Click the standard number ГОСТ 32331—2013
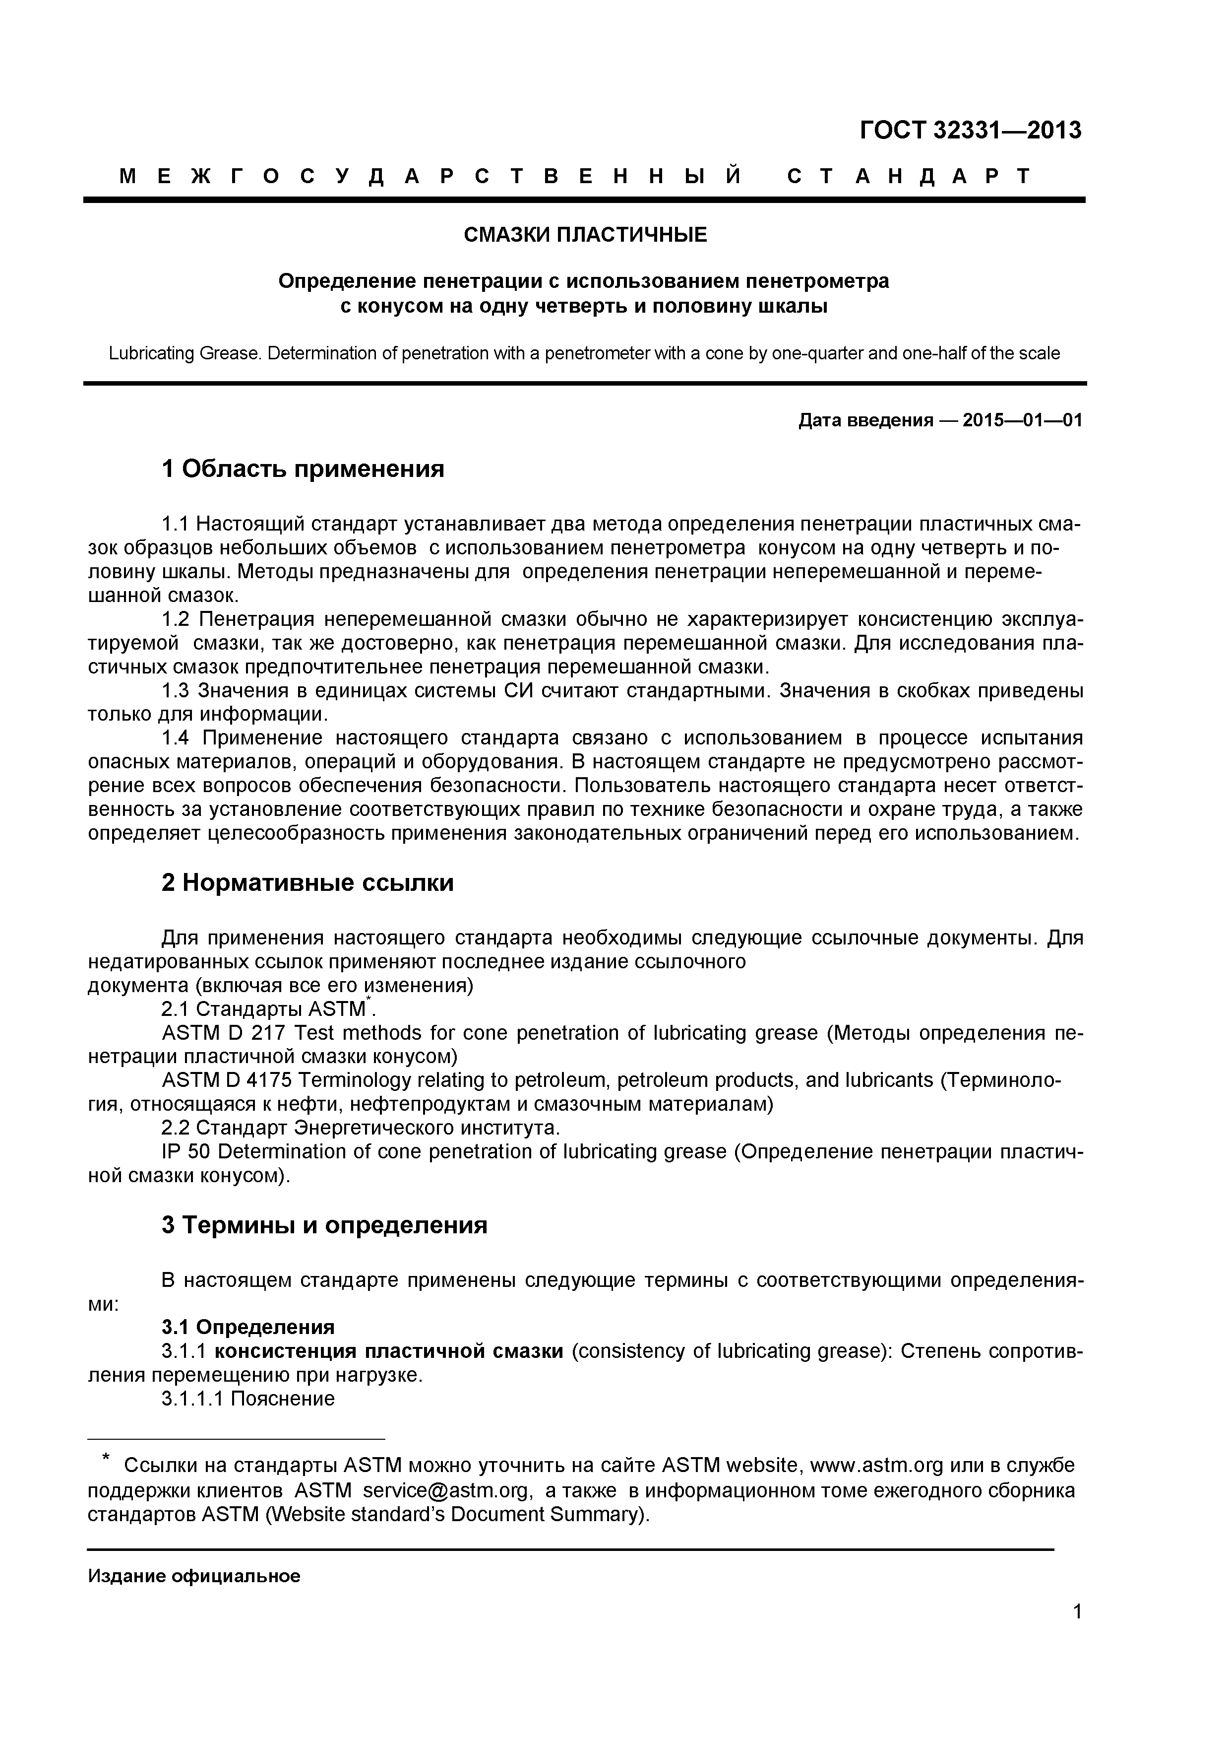pyautogui.click(x=970, y=131)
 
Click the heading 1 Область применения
pyautogui.click(x=303, y=469)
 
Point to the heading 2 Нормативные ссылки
pyautogui.click(x=307, y=882)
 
